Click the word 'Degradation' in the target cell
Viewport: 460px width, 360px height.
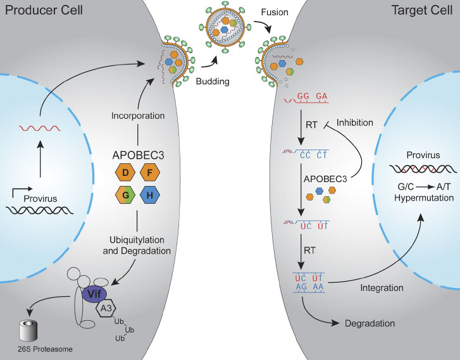[x=370, y=323]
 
